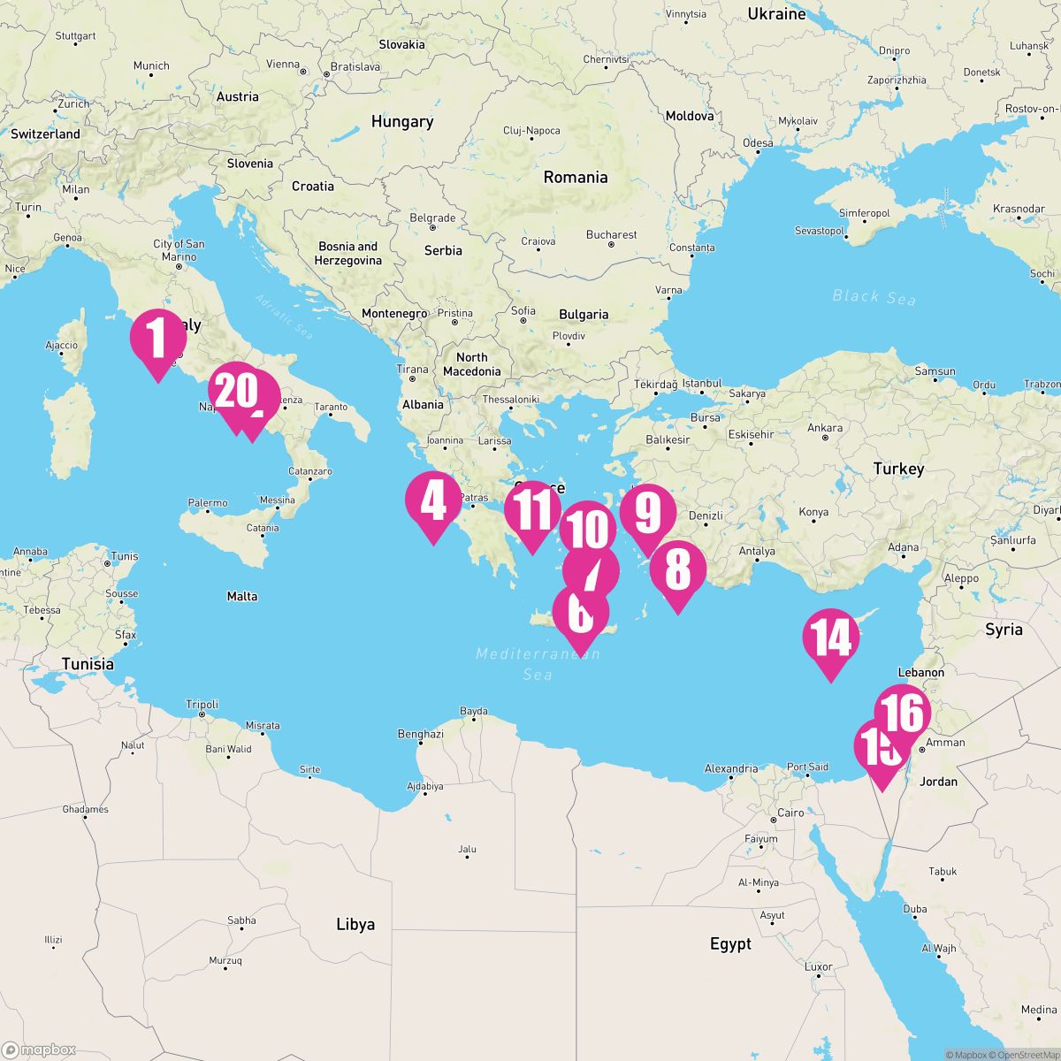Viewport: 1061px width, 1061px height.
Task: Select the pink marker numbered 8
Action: coord(677,573)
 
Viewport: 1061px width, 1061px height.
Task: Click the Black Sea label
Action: coord(874,298)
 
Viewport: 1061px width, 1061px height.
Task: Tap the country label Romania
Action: coord(576,177)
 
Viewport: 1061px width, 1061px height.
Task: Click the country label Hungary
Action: coord(402,122)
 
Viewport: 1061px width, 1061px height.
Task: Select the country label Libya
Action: coord(355,924)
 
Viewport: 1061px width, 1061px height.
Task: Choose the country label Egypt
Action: coord(730,944)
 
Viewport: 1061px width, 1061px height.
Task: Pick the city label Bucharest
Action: coord(611,235)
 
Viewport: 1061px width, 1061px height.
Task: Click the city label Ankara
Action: coord(824,429)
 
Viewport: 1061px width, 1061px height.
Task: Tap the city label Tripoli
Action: coord(202,705)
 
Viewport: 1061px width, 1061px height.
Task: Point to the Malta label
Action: coord(242,596)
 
